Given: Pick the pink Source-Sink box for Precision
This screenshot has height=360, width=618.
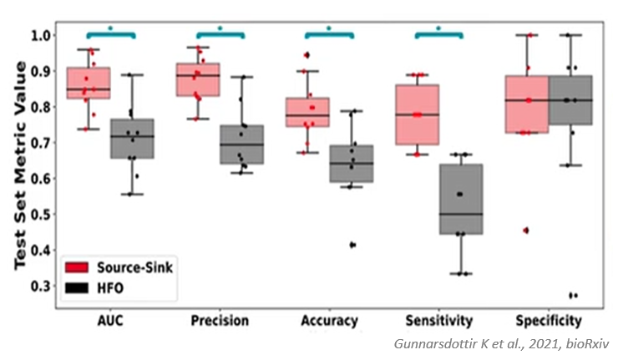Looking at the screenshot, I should [x=198, y=79].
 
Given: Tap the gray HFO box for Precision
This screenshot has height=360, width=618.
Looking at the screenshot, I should [x=242, y=145].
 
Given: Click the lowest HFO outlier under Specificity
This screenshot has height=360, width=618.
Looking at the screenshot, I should [x=571, y=295].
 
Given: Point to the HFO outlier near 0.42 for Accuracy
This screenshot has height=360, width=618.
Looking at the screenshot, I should [x=352, y=245].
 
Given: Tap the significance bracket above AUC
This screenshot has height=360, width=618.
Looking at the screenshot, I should [x=110, y=33].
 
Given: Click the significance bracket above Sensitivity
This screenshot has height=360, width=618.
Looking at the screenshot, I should [x=438, y=33].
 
